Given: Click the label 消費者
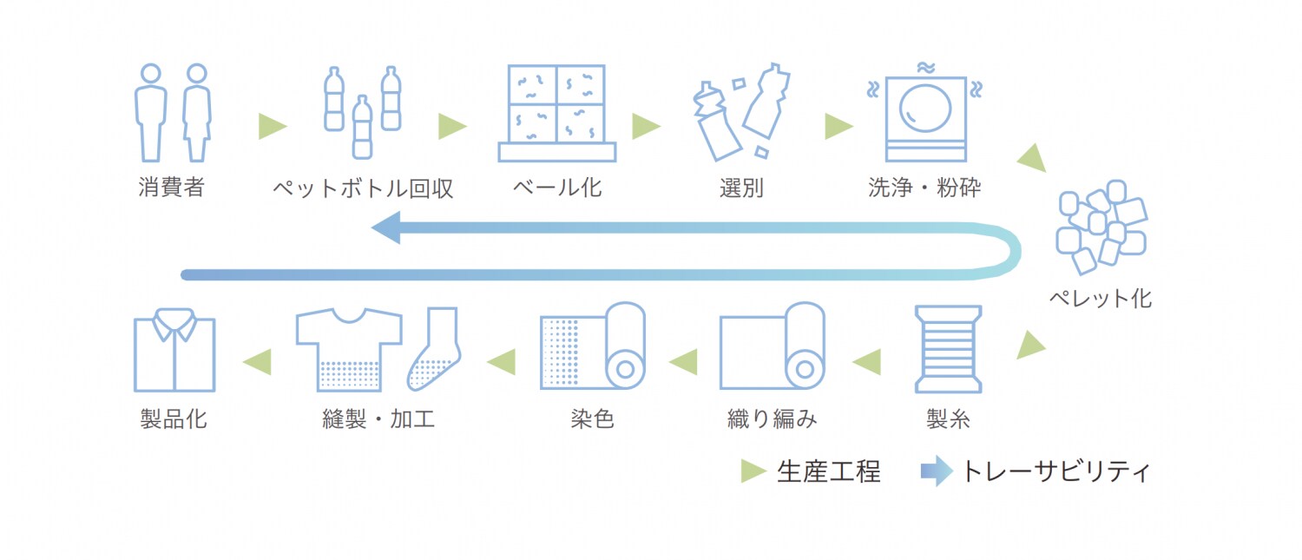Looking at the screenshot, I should click(171, 188).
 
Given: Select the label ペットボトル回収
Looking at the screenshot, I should click(363, 188).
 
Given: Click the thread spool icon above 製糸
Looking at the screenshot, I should click(948, 349).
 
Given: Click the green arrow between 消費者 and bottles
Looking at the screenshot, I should click(272, 127).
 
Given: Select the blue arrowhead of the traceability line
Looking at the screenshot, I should click(385, 229).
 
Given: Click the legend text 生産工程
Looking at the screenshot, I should click(828, 471).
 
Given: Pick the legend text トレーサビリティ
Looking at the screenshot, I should click(1055, 471).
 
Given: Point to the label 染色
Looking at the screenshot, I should click(592, 419).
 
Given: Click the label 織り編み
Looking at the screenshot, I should click(773, 419).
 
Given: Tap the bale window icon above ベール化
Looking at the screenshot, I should click(556, 112).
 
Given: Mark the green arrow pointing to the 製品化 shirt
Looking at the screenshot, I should click(257, 361).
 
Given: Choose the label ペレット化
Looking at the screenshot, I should click(1100, 300).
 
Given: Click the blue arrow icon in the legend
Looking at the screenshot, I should click(937, 471).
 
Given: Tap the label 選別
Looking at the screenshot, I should click(741, 188).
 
